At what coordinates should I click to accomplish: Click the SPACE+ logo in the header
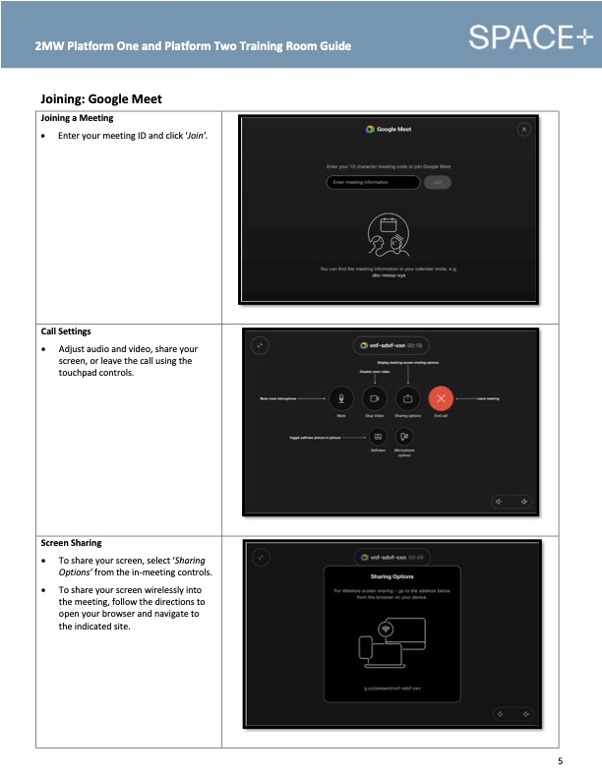[532, 37]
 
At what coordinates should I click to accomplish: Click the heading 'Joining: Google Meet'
[100, 98]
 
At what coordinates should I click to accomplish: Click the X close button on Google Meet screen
[524, 129]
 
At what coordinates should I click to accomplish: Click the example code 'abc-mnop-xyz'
[389, 275]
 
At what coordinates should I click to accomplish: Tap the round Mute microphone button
[341, 398]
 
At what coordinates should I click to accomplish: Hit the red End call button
[442, 398]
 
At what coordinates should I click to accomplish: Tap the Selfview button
[378, 436]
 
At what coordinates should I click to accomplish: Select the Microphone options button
[405, 436]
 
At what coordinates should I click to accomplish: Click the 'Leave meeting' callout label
[489, 398]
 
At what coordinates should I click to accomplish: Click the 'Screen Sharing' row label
[71, 542]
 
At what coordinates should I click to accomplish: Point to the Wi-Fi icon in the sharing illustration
[387, 629]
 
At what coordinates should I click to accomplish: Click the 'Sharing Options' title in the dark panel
[391, 576]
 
